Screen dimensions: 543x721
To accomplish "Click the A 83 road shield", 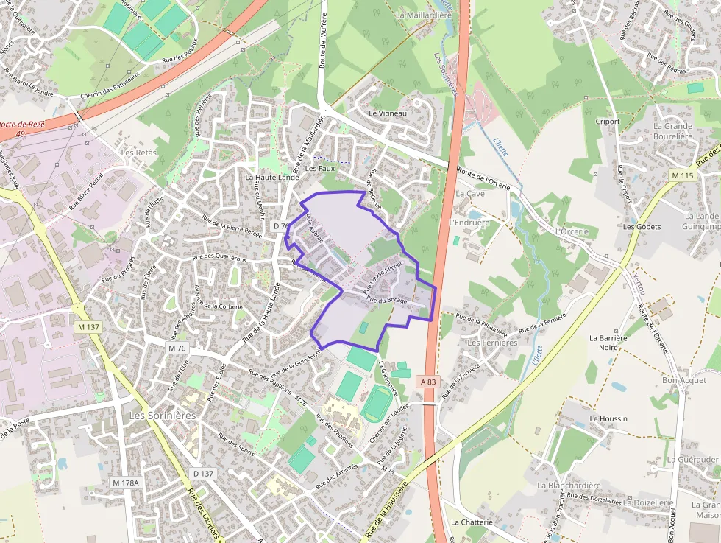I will point(430,381).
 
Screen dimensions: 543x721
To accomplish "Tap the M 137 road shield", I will point(88,326).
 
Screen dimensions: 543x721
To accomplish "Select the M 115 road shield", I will point(683,175).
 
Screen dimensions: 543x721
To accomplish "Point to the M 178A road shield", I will point(126,482).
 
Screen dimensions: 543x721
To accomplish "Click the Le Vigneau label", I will point(388,113).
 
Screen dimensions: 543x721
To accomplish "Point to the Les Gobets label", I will point(642,227).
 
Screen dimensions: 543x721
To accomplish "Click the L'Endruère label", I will point(469,222).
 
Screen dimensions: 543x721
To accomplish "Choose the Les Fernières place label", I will point(492,343).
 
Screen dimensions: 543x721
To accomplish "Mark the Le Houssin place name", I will point(608,418).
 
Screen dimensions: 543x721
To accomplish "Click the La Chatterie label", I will point(472,522).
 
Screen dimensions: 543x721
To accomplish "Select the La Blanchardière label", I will point(569,486).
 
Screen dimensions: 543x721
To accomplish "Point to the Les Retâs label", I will point(140,153).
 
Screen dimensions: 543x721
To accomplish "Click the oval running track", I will point(378,402).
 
